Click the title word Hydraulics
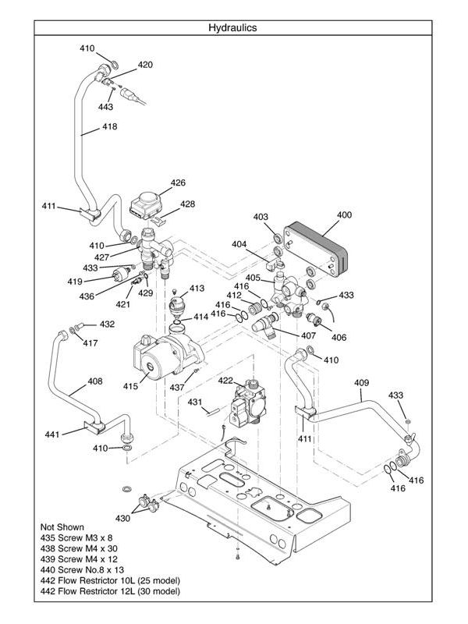pyautogui.click(x=232, y=27)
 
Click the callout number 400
pyautogui.click(x=344, y=214)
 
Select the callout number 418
pyautogui.click(x=109, y=127)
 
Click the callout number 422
pyautogui.click(x=225, y=381)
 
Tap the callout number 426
pyautogui.click(x=178, y=183)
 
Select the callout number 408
pyautogui.click(x=94, y=381)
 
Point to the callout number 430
pyautogui.click(x=123, y=519)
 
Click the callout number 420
pyautogui.click(x=145, y=64)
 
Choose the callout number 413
pyautogui.click(x=197, y=288)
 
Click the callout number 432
pyautogui.click(x=107, y=324)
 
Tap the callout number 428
pyautogui.click(x=187, y=204)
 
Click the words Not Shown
pyautogui.click(x=62, y=526)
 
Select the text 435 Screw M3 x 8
pyautogui.click(x=76, y=537)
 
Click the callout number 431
pyautogui.click(x=194, y=402)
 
